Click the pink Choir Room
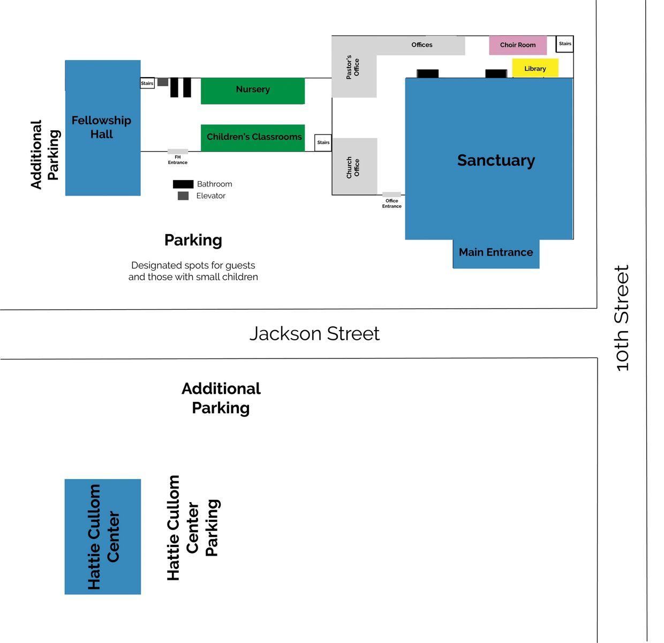pyautogui.click(x=518, y=45)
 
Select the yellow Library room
pyautogui.click(x=535, y=68)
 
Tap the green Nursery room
pyautogui.click(x=253, y=91)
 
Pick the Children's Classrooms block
pyautogui.click(x=253, y=138)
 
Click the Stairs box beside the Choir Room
pyautogui.click(x=565, y=44)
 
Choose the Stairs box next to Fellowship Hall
pyautogui.click(x=147, y=83)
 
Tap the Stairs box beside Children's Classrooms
pyautogui.click(x=323, y=143)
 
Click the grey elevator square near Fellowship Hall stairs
pyautogui.click(x=163, y=82)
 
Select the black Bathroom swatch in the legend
pyautogui.click(x=183, y=184)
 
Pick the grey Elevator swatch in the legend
pyautogui.click(x=183, y=196)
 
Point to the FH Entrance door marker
pyautogui.click(x=177, y=152)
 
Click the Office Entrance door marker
pyautogui.click(x=391, y=195)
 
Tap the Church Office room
pyautogui.click(x=355, y=166)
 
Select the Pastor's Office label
pyautogui.click(x=352, y=67)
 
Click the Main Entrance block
pyautogui.click(x=496, y=253)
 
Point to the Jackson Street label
pyautogui.click(x=314, y=334)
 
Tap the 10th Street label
pyautogui.click(x=622, y=318)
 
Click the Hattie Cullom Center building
pyautogui.click(x=103, y=536)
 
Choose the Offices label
pyautogui.click(x=422, y=44)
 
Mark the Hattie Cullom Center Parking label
pyautogui.click(x=193, y=528)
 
